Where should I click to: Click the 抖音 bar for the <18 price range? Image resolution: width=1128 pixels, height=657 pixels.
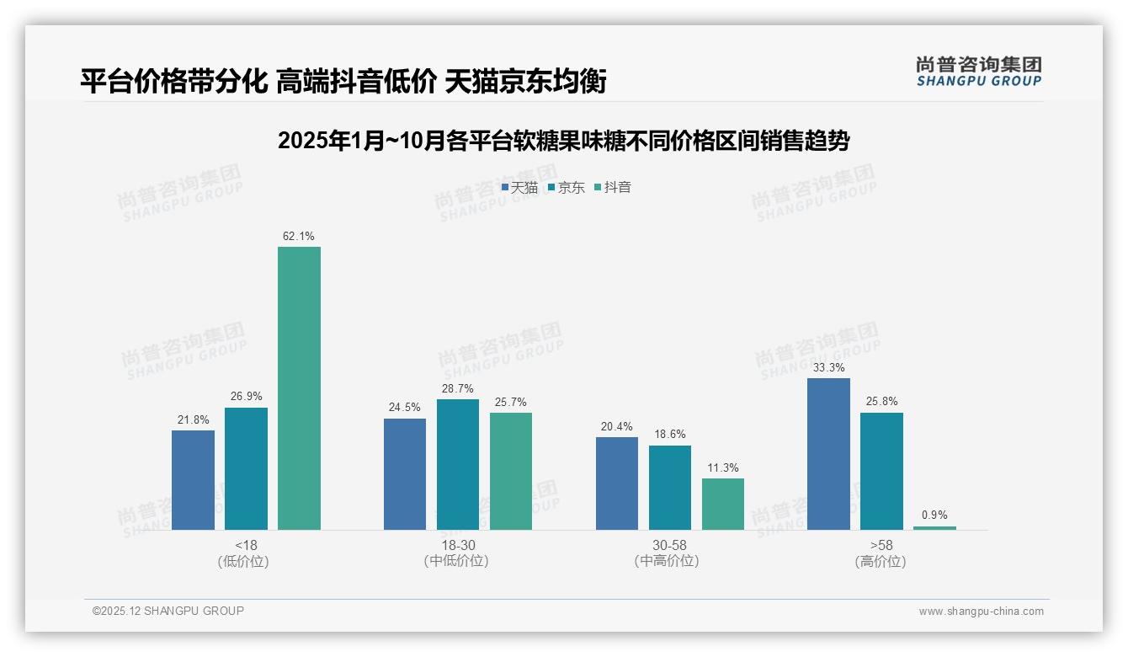[x=299, y=387]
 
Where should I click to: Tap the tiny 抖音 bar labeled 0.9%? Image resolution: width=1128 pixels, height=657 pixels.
[x=934, y=527]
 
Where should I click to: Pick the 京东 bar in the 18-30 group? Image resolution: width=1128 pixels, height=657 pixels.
[x=458, y=464]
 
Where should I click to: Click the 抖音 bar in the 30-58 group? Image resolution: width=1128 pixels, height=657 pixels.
[x=723, y=504]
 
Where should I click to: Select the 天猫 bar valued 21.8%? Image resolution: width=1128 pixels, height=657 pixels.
[x=193, y=479]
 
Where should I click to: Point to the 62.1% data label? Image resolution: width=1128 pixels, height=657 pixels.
[x=299, y=237]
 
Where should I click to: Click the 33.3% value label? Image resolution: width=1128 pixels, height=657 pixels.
[x=828, y=368]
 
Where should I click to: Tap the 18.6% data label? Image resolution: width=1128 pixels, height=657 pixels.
[x=670, y=435]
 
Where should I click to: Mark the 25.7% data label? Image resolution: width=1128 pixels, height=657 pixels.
[x=511, y=403]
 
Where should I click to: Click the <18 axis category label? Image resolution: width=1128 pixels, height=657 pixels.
[x=246, y=545]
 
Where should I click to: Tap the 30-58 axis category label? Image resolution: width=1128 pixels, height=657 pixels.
[x=669, y=545]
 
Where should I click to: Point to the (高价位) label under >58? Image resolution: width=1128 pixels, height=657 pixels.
[x=881, y=562]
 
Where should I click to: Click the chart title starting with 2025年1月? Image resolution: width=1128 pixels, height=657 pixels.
[x=563, y=141]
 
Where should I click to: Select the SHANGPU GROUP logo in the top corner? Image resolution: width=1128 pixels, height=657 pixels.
[x=978, y=72]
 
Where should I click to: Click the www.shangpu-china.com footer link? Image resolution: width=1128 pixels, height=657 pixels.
[x=981, y=612]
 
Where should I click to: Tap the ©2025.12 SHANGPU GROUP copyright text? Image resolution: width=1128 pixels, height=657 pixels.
[x=168, y=611]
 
